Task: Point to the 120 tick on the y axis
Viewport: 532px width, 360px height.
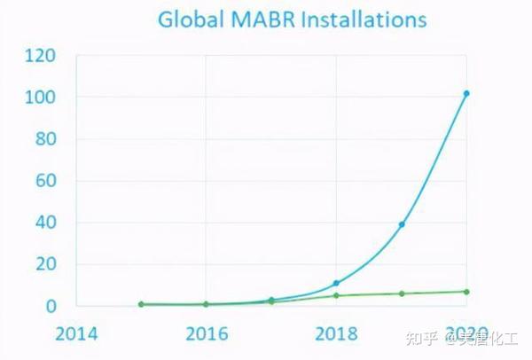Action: pyautogui.click(x=40, y=55)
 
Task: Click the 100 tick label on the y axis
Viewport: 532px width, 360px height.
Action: pyautogui.click(x=40, y=97)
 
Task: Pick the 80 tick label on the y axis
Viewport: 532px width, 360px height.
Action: pyautogui.click(x=45, y=139)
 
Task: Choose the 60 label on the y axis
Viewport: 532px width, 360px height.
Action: pyautogui.click(x=45, y=181)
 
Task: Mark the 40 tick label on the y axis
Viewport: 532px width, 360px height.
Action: pyautogui.click(x=45, y=223)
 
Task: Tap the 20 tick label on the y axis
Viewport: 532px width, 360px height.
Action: pyautogui.click(x=45, y=264)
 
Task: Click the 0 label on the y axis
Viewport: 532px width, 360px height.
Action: pyautogui.click(x=51, y=306)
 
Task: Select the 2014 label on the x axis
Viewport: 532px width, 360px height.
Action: pyautogui.click(x=76, y=334)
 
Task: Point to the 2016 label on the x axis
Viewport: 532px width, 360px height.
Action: pyautogui.click(x=206, y=334)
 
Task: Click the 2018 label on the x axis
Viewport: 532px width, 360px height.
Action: pyautogui.click(x=336, y=334)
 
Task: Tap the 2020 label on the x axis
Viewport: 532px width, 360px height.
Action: pyautogui.click(x=465, y=334)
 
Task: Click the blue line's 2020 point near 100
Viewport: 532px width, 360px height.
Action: pyautogui.click(x=466, y=93)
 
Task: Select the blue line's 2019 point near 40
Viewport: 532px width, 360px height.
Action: pyautogui.click(x=402, y=224)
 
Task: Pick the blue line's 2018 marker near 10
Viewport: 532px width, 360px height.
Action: pyautogui.click(x=336, y=283)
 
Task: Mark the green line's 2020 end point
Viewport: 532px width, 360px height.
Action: pyautogui.click(x=466, y=292)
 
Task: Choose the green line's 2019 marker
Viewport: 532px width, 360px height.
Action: pyautogui.click(x=402, y=293)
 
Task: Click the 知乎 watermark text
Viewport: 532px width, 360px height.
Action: pyautogui.click(x=420, y=338)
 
